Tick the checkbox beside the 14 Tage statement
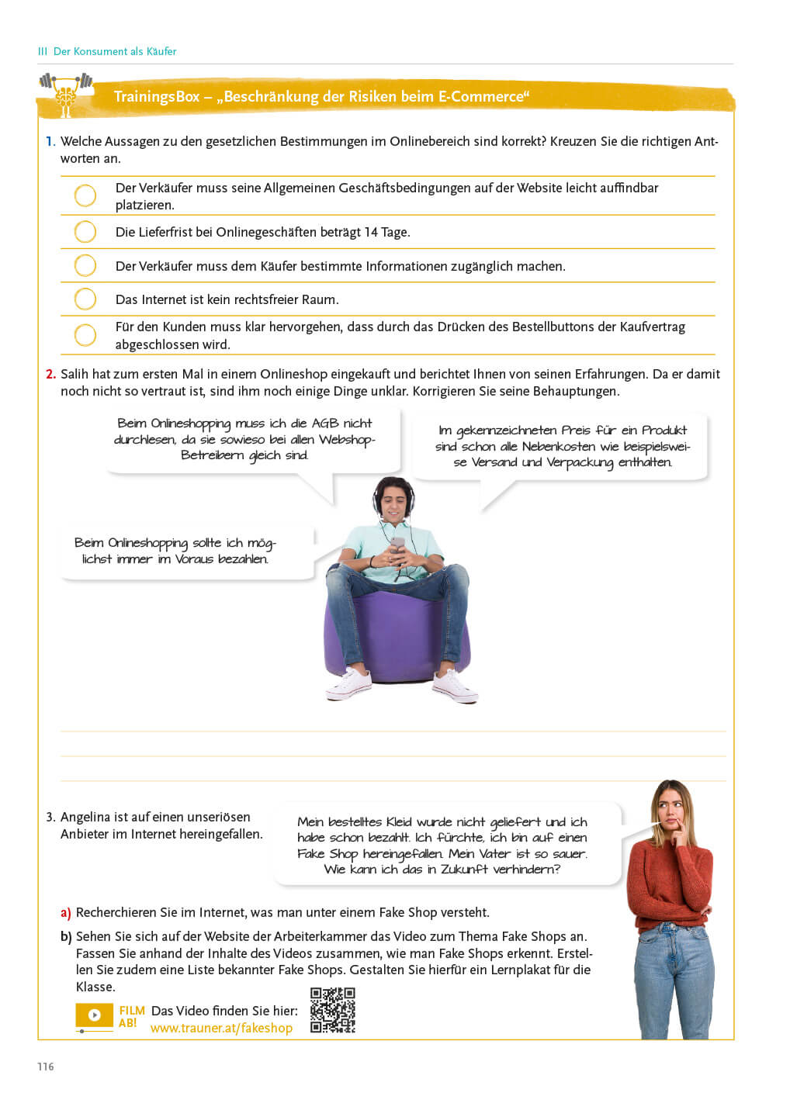pos(85,232)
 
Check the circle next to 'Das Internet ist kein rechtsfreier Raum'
pos(85,299)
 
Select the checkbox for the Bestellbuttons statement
pos(85,335)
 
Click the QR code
pos(332,1010)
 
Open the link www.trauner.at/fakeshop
pos(221,1028)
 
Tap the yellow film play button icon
pos(94,1015)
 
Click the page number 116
pos(46,1067)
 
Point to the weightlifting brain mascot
pos(65,94)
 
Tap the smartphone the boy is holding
pos(397,542)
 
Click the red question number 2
pos(50,374)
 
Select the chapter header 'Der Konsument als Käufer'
pos(114,51)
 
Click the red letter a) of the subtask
pos(66,912)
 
